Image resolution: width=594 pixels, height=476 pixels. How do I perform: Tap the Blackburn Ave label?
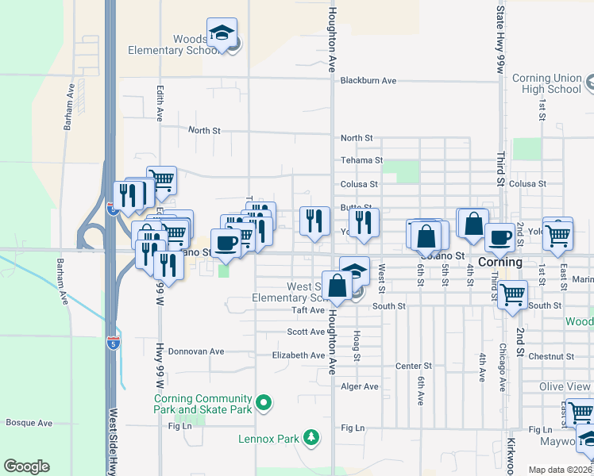368,81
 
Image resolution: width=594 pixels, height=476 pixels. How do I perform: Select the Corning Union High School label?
547,83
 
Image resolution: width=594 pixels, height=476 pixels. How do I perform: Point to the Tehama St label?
361,160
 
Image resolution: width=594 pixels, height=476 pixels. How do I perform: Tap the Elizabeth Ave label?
299,355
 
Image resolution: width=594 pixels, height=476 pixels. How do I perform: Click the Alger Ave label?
360,386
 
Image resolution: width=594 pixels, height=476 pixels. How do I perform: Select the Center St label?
413,367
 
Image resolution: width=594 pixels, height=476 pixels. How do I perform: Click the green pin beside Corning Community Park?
265,404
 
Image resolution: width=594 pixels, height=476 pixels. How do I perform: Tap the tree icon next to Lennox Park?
312,437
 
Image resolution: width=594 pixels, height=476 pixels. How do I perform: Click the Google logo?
26,466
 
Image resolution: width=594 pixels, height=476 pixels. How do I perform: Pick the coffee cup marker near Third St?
499,238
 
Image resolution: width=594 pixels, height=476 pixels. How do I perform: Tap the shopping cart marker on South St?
512,294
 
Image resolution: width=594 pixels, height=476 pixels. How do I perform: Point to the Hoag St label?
357,346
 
